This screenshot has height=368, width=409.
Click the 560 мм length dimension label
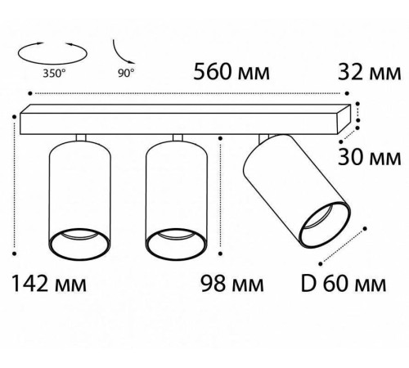tap(231, 72)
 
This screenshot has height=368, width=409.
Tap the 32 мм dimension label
tap(370, 73)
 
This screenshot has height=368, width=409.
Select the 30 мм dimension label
tap(370, 158)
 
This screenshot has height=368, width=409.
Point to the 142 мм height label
tap(49, 284)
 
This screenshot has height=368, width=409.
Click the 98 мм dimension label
tap(232, 284)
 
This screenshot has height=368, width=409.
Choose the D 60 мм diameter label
tap(344, 284)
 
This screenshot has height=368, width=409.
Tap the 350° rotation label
tap(54, 74)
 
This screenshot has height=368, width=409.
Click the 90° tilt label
tap(126, 73)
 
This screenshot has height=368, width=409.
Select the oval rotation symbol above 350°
tap(52, 62)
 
